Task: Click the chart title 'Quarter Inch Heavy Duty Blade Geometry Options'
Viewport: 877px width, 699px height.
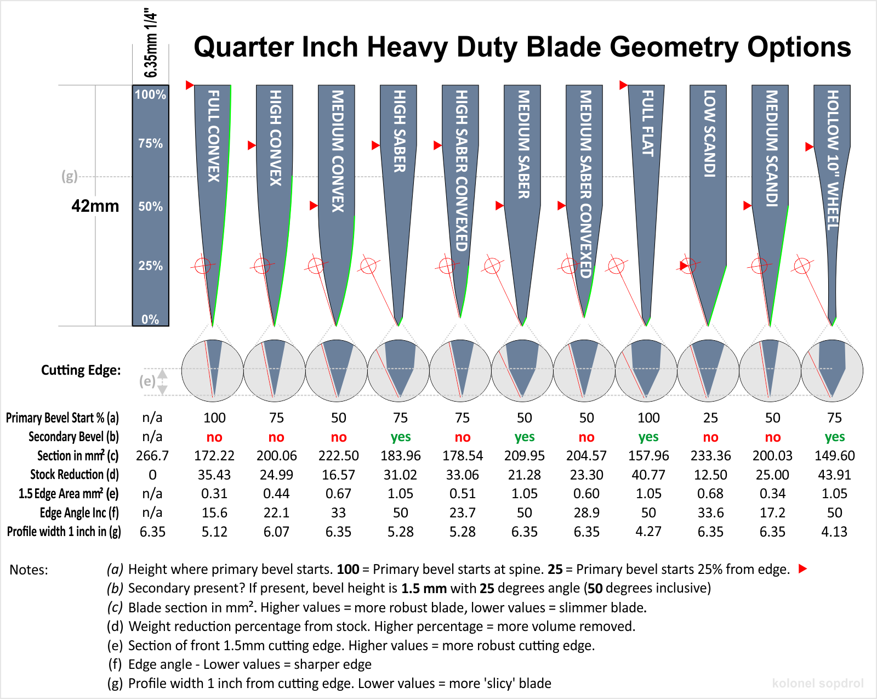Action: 522,47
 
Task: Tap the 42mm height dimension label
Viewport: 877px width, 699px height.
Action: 95,206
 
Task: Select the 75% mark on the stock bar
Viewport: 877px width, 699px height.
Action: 150,144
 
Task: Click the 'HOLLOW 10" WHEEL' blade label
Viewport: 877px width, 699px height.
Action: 833,159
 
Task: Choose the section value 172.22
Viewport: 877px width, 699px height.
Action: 214,456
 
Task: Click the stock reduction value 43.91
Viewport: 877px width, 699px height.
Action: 834,475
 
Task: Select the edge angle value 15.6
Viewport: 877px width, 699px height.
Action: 214,513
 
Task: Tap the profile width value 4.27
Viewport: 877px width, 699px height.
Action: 648,532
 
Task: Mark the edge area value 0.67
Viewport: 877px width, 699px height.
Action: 338,494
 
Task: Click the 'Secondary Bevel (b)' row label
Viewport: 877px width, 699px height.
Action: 73,437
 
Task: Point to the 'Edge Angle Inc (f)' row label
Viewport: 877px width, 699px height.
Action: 79,513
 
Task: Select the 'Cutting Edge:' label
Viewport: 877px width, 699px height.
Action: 81,370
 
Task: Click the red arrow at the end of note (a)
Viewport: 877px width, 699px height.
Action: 803,569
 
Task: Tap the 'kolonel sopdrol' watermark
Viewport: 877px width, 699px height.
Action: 817,683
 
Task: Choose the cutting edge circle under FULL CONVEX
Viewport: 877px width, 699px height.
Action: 212,370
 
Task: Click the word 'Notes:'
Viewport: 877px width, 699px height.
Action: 29,570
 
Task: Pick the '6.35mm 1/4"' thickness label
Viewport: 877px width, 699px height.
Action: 151,43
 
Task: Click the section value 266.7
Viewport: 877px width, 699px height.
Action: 152,456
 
